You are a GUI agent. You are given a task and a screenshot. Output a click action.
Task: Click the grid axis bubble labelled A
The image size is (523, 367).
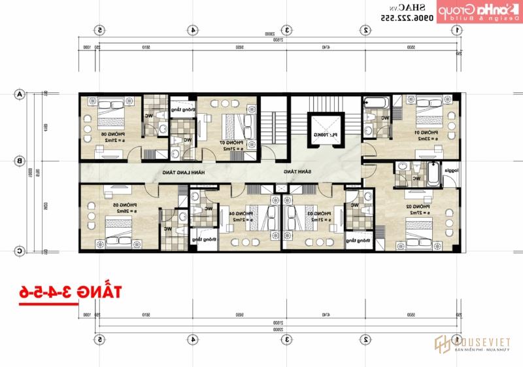pos(20,94)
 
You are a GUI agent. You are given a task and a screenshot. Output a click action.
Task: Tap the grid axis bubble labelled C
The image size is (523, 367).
pos(20,251)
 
